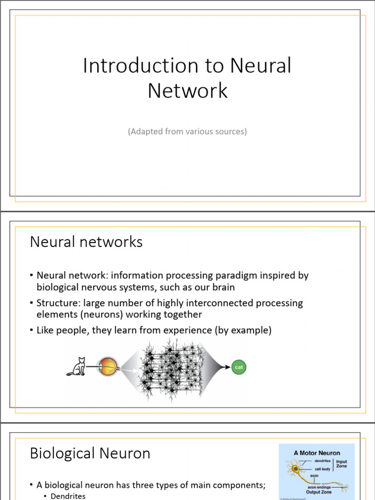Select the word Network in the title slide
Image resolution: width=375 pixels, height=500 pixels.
187,91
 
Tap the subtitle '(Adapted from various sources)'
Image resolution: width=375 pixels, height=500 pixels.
187,131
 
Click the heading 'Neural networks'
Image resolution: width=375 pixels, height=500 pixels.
86,242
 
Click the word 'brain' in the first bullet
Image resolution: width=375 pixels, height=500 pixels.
223,287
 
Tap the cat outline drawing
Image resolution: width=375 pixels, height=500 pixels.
77,367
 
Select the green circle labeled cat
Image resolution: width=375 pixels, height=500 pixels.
239,367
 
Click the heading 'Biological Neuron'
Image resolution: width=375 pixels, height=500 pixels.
90,453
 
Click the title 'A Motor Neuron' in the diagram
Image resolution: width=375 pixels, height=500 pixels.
316,453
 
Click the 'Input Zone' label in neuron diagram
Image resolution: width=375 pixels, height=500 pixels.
341,464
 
